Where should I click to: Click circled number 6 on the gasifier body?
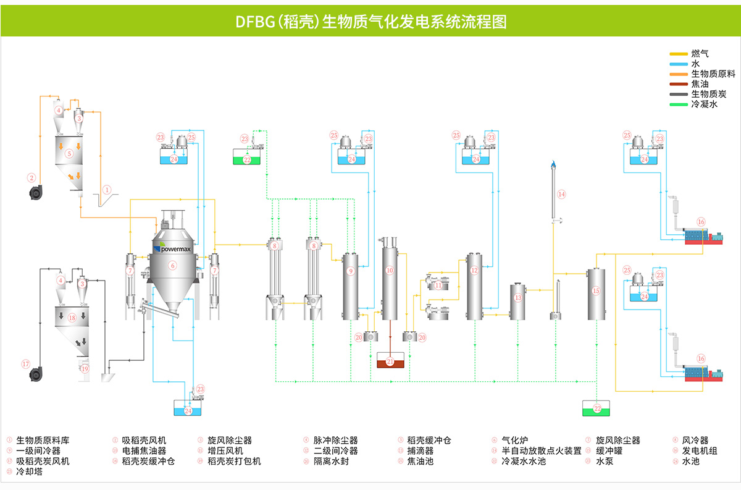(172, 265)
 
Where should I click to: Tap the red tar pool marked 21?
(390, 361)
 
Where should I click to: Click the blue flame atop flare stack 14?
(554, 164)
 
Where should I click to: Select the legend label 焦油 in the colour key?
(700, 84)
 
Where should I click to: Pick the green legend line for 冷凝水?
(679, 104)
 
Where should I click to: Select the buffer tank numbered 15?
(596, 294)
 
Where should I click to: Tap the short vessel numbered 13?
(517, 301)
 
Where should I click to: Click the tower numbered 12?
(474, 285)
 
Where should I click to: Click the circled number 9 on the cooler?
(351, 271)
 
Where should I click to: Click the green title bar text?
(371, 22)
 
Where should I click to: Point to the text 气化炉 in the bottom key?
(514, 441)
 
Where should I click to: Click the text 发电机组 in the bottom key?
(699, 451)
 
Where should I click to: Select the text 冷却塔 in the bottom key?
(28, 471)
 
